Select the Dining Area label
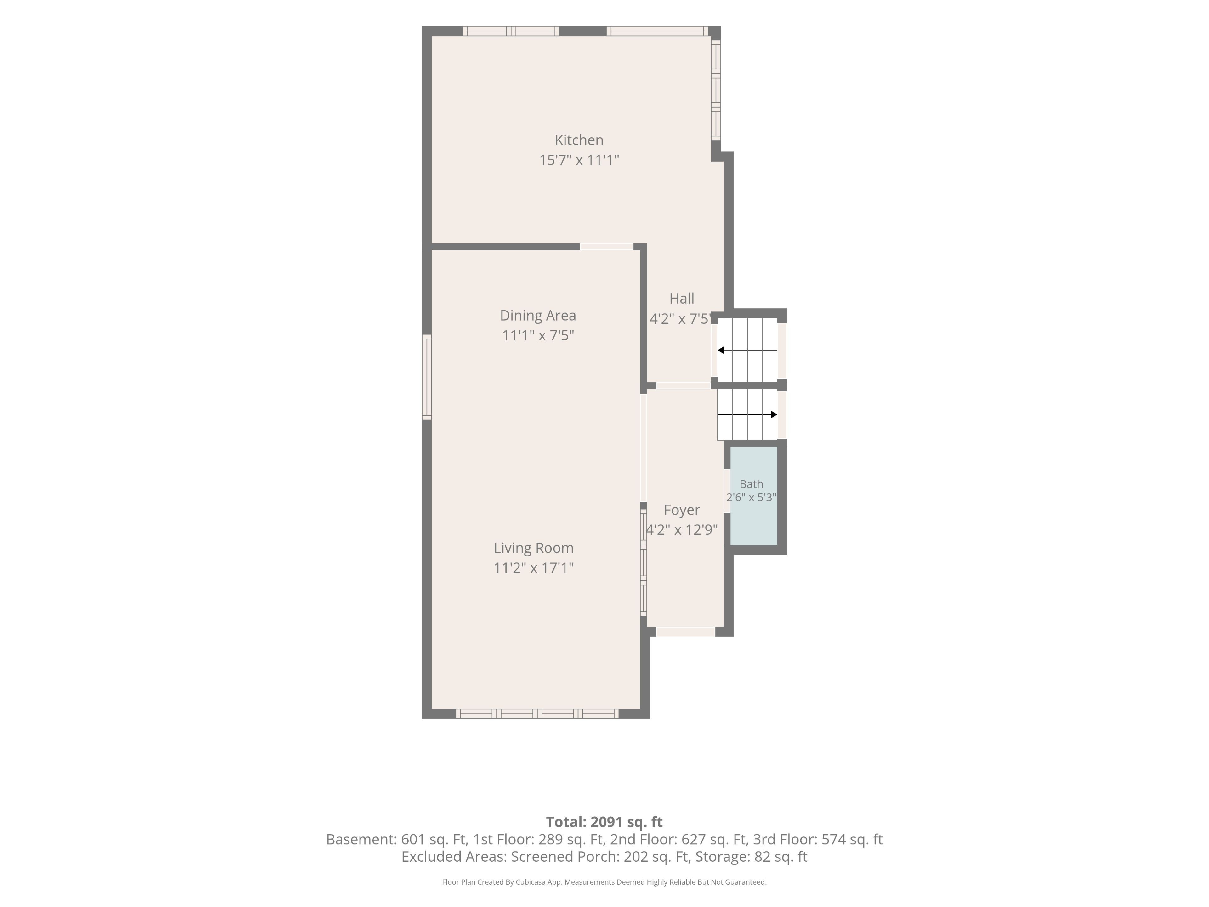[538, 316]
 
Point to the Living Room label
[533, 548]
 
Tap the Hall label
[682, 299]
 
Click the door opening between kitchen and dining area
[607, 247]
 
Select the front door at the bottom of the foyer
[685, 631]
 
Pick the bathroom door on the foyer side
[727, 491]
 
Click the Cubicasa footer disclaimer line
[604, 882]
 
